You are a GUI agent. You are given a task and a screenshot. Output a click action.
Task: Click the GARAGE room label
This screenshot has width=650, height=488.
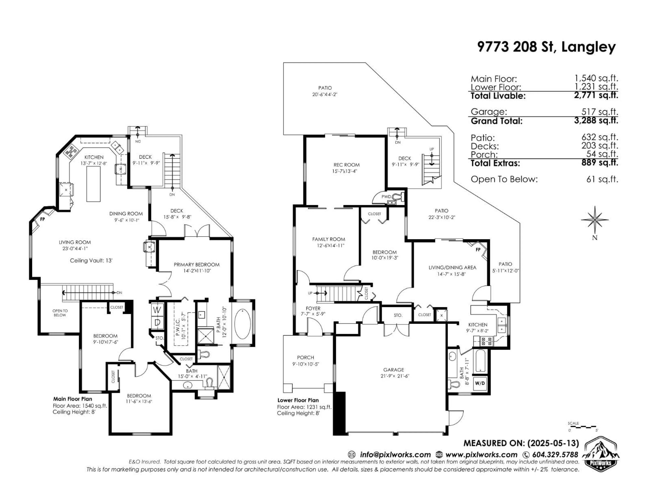(x=393, y=370)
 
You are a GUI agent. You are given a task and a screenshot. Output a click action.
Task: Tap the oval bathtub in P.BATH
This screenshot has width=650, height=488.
(x=242, y=324)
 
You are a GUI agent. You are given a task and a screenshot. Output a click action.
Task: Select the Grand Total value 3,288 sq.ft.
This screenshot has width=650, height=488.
(x=596, y=121)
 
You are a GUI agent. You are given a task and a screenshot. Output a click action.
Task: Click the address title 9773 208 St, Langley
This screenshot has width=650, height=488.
(x=546, y=47)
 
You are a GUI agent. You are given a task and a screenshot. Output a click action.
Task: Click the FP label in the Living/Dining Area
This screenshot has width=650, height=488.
(x=478, y=249)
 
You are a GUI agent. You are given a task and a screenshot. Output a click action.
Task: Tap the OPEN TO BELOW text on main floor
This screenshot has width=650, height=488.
(x=60, y=313)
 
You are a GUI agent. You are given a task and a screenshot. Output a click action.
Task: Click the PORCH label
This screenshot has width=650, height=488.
(x=305, y=357)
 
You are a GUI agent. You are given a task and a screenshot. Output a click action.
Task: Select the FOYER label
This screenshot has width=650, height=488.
(x=313, y=308)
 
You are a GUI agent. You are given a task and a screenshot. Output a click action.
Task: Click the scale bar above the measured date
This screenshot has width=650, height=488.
(x=582, y=426)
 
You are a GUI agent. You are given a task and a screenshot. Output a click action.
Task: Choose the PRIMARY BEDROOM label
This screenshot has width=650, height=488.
(x=196, y=265)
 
